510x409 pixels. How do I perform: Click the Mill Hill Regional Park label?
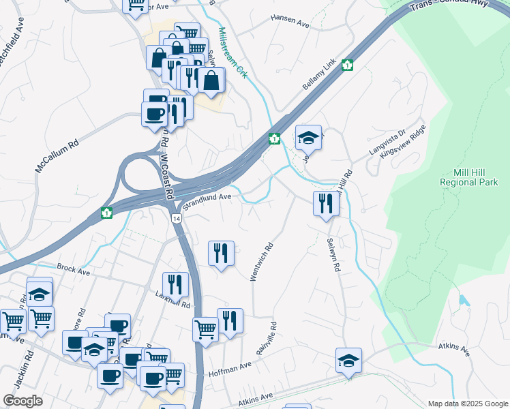click(x=469, y=177)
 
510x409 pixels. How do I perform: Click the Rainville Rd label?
click(x=267, y=339)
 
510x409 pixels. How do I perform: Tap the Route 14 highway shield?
click(x=177, y=218)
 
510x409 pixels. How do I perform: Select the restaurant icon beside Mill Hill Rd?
click(x=326, y=202)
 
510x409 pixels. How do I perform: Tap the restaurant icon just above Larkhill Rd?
click(x=175, y=284)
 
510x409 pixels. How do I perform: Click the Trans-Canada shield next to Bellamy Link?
click(x=348, y=65)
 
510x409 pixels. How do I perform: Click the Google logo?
click(x=22, y=401)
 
